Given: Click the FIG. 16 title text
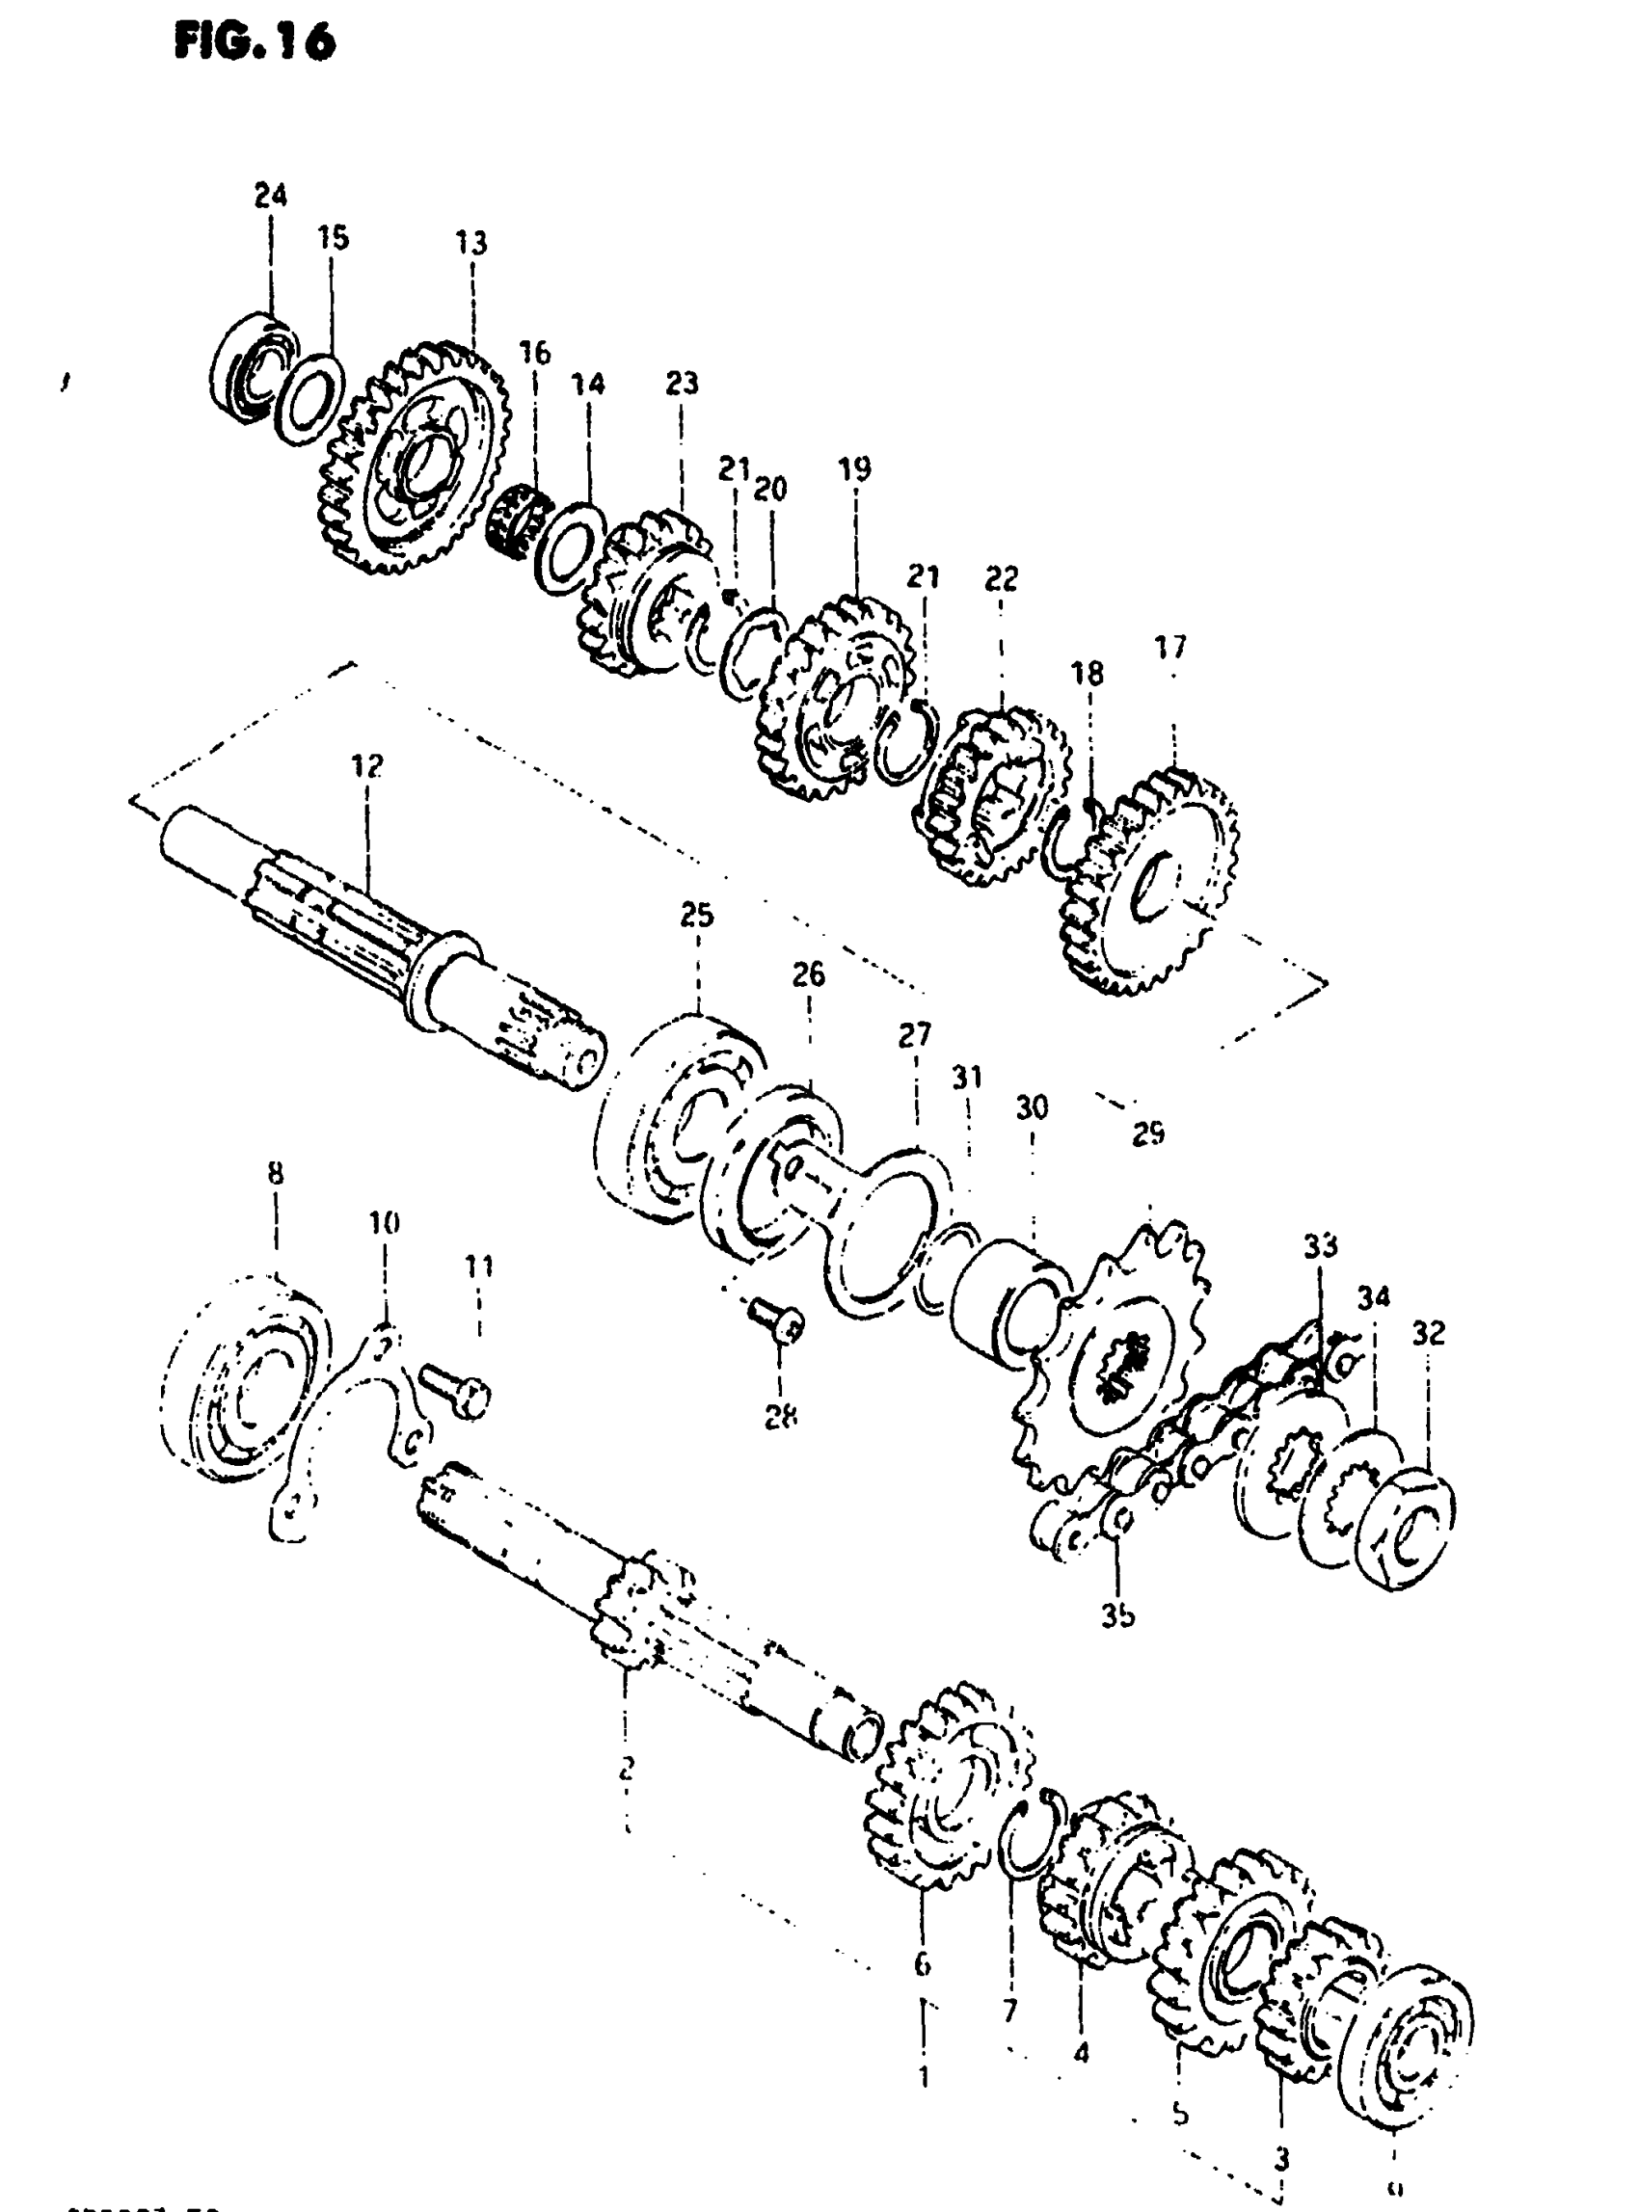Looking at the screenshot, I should coord(255,41).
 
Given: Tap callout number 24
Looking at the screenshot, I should coord(270,196).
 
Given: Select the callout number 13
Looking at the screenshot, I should coord(472,243).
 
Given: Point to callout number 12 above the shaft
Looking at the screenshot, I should coord(367,766).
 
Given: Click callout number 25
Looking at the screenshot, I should coord(696,915).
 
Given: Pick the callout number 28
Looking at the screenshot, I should coord(781,1418).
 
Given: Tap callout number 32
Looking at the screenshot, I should coord(1429,1333).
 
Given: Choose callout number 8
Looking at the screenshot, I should coord(276,1173).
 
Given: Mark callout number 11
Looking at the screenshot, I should coord(480,1266).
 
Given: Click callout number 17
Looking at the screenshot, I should coord(1170,648).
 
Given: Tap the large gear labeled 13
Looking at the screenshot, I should coord(416,456).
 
